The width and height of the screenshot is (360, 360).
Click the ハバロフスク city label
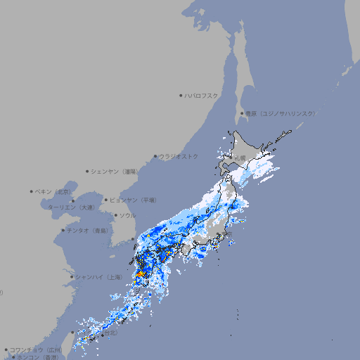(x=202, y=95)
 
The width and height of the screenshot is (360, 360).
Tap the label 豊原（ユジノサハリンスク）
(x=280, y=113)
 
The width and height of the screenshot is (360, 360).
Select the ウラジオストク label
(x=179, y=156)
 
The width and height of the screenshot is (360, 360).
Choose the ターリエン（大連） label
(x=71, y=207)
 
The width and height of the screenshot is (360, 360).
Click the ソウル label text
(x=127, y=216)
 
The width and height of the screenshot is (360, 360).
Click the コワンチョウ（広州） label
(x=36, y=349)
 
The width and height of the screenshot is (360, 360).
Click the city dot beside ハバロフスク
(x=181, y=95)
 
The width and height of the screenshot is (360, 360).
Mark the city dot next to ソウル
(x=115, y=216)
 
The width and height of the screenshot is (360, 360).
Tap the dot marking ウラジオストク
(x=155, y=156)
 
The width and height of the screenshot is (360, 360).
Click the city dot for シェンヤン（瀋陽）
(x=88, y=171)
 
